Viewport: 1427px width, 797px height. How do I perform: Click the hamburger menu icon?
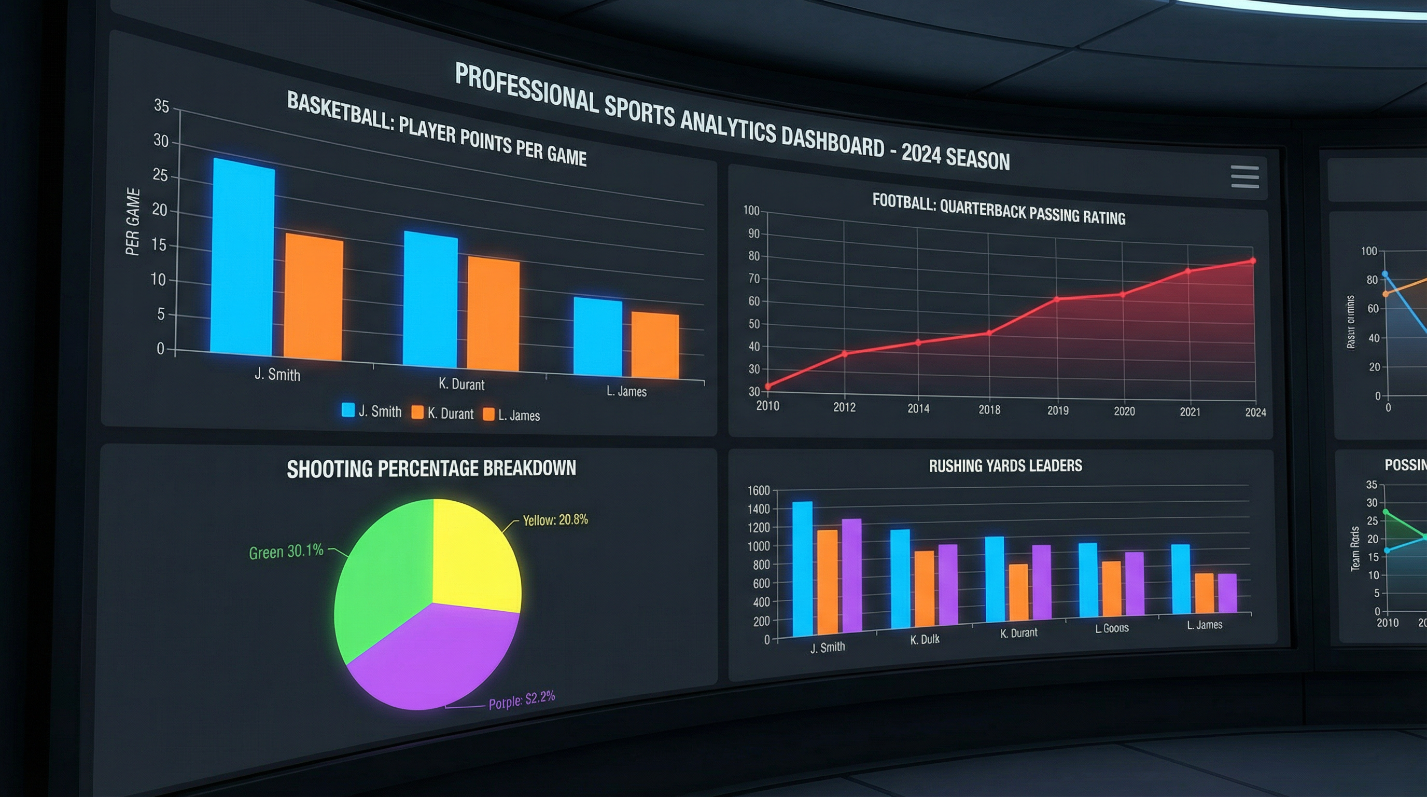(1245, 177)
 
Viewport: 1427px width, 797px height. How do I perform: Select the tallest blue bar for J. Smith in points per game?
(242, 258)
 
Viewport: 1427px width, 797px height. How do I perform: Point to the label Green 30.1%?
(286, 552)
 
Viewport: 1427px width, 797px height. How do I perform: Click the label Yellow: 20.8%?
(555, 520)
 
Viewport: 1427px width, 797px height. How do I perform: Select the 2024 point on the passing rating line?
(1253, 260)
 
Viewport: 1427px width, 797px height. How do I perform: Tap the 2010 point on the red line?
(768, 387)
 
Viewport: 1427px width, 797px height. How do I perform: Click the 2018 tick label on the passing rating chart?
(989, 409)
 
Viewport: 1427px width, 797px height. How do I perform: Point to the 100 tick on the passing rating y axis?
(751, 211)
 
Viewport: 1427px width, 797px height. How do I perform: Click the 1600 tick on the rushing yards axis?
(759, 490)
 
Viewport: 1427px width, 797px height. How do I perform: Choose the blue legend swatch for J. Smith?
(348, 409)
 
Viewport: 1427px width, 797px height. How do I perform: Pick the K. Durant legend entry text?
(451, 414)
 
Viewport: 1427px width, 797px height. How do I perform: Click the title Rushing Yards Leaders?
(1005, 465)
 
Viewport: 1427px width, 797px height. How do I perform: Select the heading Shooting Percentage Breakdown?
(431, 469)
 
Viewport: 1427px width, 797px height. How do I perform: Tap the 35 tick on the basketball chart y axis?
(161, 105)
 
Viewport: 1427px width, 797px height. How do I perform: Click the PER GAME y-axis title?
(132, 222)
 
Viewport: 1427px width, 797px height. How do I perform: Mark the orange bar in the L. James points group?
(655, 347)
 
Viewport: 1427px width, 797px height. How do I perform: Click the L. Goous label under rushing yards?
(1111, 628)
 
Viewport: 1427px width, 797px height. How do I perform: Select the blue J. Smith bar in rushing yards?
(802, 568)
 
